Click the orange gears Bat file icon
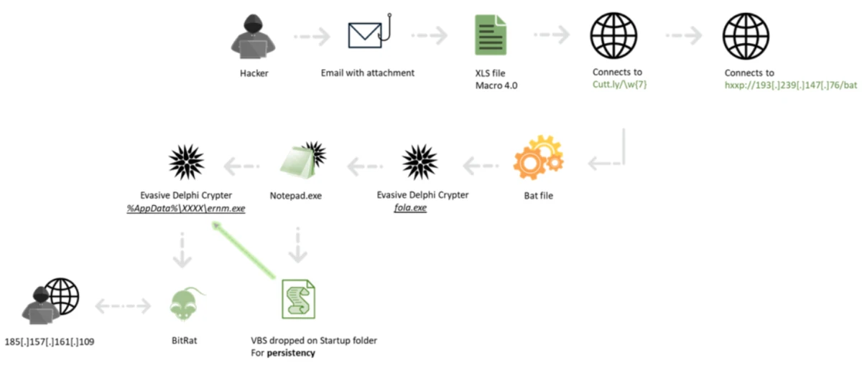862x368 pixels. (x=537, y=161)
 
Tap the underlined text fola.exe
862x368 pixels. (x=411, y=208)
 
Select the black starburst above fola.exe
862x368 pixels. (x=421, y=162)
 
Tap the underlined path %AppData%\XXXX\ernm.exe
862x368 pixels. (x=186, y=208)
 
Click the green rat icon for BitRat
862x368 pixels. (x=185, y=303)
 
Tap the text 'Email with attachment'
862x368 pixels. (x=368, y=72)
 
